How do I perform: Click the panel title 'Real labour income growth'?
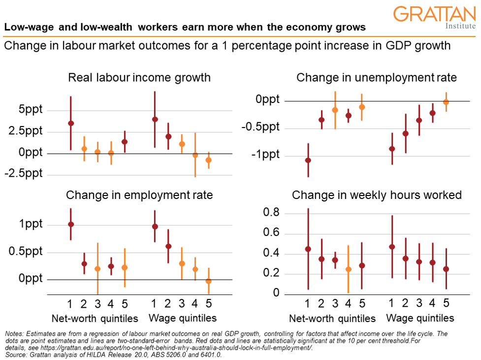(139, 77)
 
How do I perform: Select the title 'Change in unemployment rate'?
(376, 77)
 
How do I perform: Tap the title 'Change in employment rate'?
(139, 195)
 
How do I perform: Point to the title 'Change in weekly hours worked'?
(377, 195)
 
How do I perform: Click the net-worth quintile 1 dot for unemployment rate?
(308, 160)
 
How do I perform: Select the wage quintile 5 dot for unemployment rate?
(447, 102)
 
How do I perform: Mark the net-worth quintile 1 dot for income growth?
(71, 123)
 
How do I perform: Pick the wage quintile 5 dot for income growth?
(208, 160)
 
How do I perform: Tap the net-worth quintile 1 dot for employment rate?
(71, 224)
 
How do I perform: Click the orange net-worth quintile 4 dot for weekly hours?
(349, 269)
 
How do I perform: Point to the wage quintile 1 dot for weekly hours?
(392, 247)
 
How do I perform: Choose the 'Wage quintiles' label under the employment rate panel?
(182, 318)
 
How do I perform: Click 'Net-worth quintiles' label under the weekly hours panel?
(332, 318)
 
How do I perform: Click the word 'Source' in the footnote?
(15, 354)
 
